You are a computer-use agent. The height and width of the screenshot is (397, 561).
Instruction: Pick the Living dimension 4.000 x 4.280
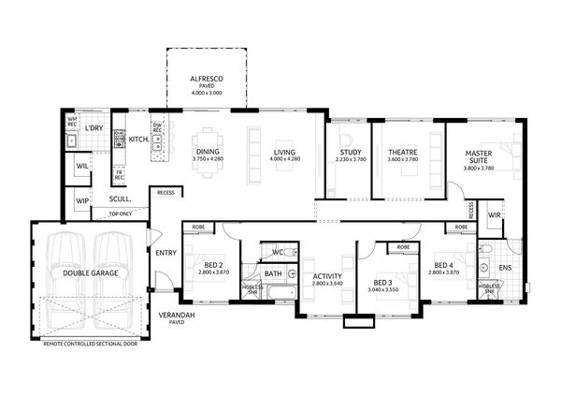coord(283,159)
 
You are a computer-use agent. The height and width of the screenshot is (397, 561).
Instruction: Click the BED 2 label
coord(214,264)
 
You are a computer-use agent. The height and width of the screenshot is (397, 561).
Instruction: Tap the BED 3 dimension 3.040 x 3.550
coord(381,290)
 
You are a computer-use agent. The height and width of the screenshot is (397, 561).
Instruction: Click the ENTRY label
coord(166,253)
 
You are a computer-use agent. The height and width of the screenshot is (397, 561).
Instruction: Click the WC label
coord(277,253)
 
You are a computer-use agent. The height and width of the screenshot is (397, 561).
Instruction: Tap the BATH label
coord(273,274)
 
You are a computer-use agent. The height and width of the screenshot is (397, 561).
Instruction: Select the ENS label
coord(505,268)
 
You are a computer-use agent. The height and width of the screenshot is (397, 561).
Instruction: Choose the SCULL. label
coord(119,198)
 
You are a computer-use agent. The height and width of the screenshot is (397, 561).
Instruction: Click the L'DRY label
coord(93,128)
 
